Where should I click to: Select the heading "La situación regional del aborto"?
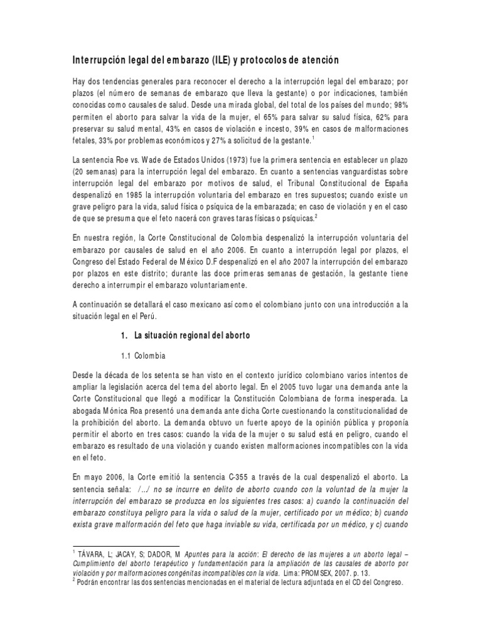coord(192,335)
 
